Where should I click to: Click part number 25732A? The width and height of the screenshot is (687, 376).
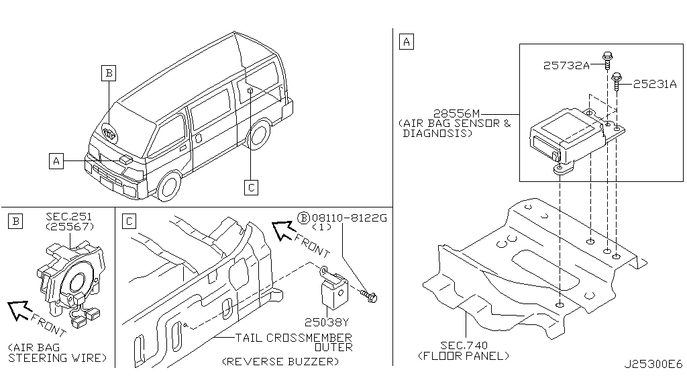click(x=566, y=65)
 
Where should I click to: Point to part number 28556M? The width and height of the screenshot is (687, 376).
click(x=457, y=113)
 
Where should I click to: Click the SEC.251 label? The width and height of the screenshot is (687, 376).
click(x=68, y=216)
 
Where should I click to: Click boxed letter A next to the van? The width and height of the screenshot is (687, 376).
click(x=56, y=160)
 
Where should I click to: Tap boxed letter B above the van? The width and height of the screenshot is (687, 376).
click(x=109, y=73)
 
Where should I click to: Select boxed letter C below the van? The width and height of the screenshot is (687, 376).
click(x=250, y=187)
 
